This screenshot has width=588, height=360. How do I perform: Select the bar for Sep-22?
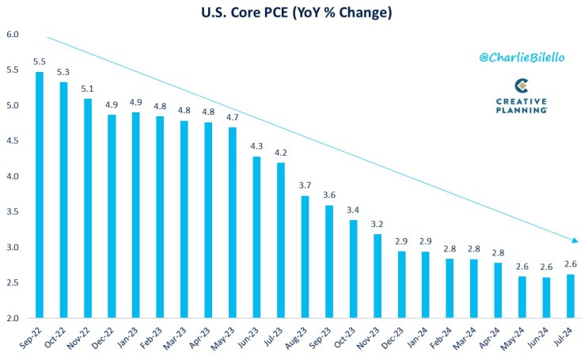coord(40,195)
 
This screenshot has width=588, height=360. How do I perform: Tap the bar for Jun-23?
coord(256,237)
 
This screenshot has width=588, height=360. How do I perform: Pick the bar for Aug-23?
coord(305,257)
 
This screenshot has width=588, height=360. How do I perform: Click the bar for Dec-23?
coord(401,285)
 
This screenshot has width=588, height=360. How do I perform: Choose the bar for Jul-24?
coord(571,296)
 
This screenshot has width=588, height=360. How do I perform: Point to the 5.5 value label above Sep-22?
coord(40,62)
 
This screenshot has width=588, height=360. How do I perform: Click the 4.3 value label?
coord(256,146)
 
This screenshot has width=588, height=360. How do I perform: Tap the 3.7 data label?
coord(305,185)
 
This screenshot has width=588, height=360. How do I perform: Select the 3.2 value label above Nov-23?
coord(377,224)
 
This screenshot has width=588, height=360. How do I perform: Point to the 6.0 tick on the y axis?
coord(13,35)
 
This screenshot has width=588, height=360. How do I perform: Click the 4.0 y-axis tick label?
coord(13,176)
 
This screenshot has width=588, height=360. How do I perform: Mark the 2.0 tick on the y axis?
coord(13,318)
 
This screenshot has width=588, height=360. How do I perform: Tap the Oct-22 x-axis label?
coord(55,337)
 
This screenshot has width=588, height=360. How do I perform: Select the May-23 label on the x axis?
coord(222,339)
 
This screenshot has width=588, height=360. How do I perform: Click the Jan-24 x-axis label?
coord(417,337)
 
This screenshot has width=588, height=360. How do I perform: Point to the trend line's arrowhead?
coord(575,240)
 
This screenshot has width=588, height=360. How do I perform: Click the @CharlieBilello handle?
coord(522,58)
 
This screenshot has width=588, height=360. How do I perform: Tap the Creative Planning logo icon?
coord(522,86)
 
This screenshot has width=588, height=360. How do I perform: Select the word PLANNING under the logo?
coord(522,110)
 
